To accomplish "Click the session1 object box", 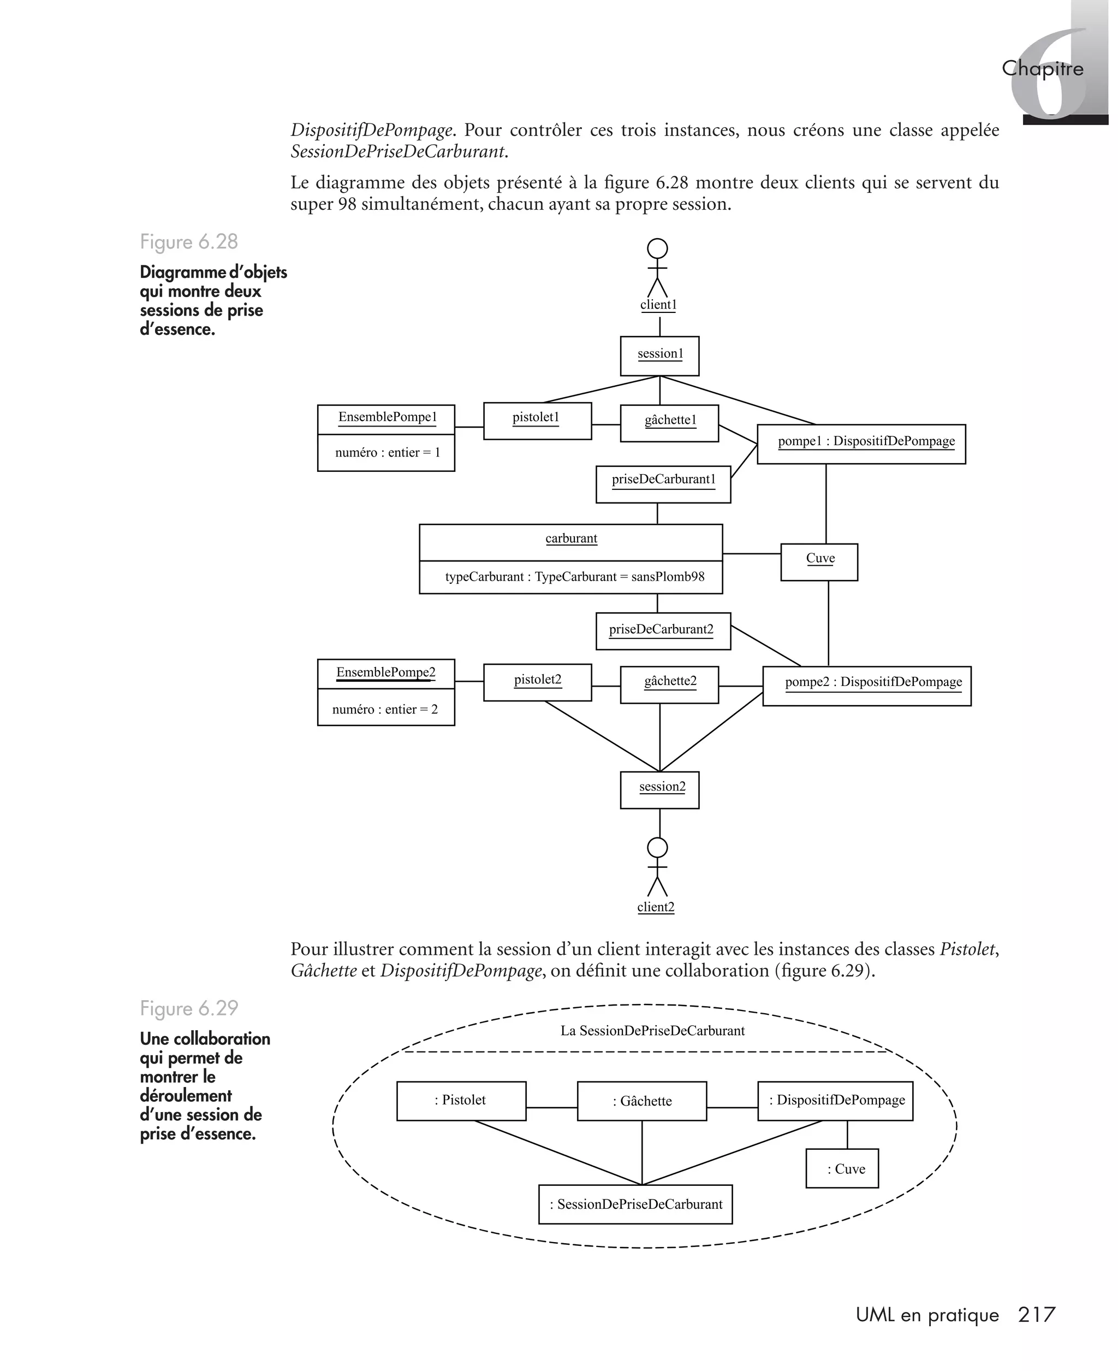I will click(659, 356).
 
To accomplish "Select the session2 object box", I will click(659, 789).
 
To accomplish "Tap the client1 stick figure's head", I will click(657, 249).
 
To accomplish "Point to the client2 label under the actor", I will click(656, 907).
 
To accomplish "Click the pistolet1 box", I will click(537, 421).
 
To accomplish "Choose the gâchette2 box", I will click(669, 684).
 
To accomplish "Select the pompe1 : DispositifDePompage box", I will click(861, 444).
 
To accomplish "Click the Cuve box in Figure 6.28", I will click(819, 562).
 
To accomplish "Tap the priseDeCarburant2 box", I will click(663, 631).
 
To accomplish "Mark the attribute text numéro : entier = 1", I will click(387, 453).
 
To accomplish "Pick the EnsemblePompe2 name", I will click(386, 672).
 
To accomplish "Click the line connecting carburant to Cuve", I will click(751, 553).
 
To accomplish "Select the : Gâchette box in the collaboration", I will click(641, 1101).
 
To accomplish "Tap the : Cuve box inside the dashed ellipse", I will click(842, 1169).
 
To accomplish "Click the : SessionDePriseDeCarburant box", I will click(635, 1204).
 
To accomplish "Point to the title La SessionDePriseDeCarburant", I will click(652, 1031).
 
